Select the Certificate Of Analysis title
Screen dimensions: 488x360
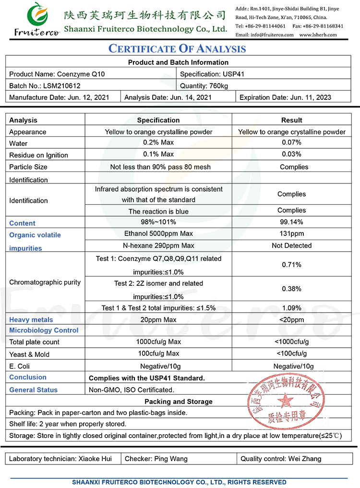click(x=177, y=49)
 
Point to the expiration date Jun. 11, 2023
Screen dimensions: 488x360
click(x=311, y=97)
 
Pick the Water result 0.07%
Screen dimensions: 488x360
click(x=292, y=143)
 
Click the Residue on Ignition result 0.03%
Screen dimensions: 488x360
click(x=292, y=154)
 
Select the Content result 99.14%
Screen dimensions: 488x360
click(x=292, y=222)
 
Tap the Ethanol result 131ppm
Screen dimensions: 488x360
click(x=292, y=233)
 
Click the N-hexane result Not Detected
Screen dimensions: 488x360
click(x=292, y=245)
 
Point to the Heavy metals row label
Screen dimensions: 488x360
click(x=31, y=320)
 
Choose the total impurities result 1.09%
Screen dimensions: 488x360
click(x=292, y=308)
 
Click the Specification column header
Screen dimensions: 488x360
click(x=158, y=120)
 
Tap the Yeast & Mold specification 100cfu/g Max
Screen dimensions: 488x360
click(x=158, y=354)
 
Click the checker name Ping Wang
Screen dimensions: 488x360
click(x=171, y=459)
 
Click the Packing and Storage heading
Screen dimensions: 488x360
click(x=178, y=402)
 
